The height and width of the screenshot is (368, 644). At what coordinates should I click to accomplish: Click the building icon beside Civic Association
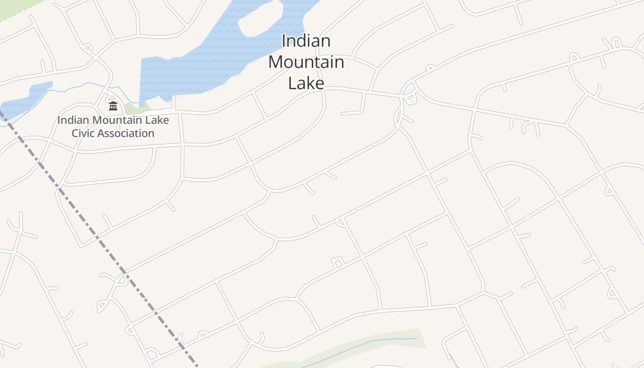click(113, 106)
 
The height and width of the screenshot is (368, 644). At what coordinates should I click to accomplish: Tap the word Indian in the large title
click(306, 41)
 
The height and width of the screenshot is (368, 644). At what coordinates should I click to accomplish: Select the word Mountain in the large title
click(306, 62)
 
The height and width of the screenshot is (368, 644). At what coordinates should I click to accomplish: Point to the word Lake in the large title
click(306, 83)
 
